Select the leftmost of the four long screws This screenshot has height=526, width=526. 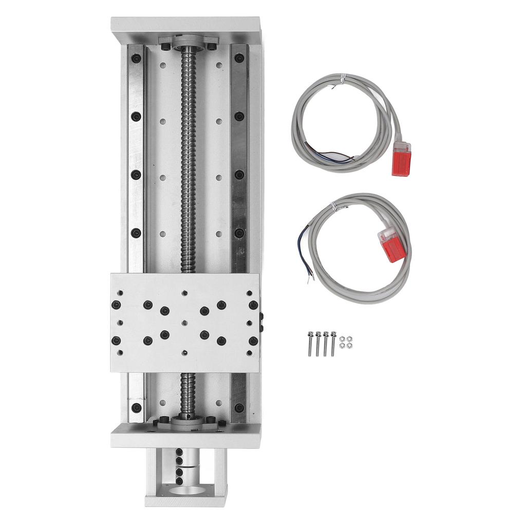[310, 343]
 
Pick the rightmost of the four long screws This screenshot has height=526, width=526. [333, 343]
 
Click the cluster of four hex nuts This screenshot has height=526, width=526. [346, 342]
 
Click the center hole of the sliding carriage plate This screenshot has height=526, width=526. [185, 323]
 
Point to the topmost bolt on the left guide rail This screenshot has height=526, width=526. [136, 58]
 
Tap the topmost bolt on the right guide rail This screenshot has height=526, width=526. [239, 58]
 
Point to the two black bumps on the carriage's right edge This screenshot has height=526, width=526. [261, 322]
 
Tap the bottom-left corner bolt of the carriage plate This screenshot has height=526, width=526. [116, 340]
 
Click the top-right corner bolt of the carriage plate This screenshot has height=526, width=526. [253, 305]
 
